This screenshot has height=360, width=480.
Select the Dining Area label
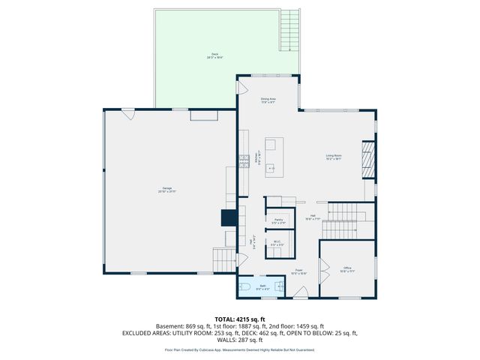[268, 100]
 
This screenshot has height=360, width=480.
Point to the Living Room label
[334, 157]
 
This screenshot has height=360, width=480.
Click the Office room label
[347, 268]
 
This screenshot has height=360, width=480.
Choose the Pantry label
[278, 221]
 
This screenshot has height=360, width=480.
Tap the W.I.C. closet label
[277, 243]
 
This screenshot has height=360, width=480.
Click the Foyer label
[298, 271]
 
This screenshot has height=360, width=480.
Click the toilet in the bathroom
[246, 287]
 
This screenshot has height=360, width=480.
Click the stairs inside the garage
[223, 259]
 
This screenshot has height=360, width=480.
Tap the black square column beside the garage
[229, 217]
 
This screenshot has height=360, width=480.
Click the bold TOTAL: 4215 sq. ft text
[239, 319]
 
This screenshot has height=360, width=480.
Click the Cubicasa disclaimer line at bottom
[239, 349]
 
